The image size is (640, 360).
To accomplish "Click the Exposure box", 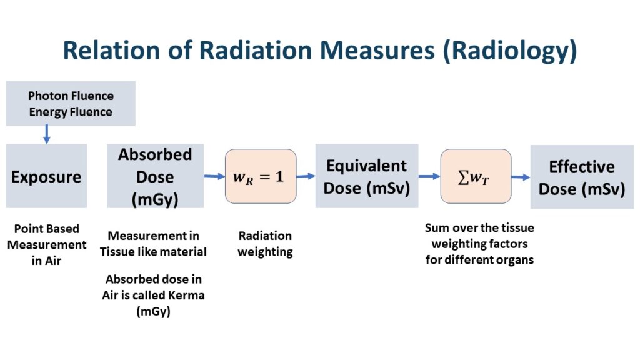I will coord(46,176).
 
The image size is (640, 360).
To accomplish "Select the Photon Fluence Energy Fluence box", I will coord(71,104).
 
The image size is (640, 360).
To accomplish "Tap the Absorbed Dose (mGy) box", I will coord(155,176).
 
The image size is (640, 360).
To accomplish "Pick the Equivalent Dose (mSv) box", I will coord(366,176).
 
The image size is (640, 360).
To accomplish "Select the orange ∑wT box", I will coord(476,176).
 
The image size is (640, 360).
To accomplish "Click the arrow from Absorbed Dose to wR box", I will coord(214,176).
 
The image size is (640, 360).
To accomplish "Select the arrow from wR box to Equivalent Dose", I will coord(306,176).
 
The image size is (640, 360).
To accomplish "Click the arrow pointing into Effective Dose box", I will coord(521,177).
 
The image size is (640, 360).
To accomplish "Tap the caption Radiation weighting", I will coord(265,244).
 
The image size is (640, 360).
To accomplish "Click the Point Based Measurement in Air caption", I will coord(47,245).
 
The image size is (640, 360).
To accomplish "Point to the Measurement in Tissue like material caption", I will coord(154,244).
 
